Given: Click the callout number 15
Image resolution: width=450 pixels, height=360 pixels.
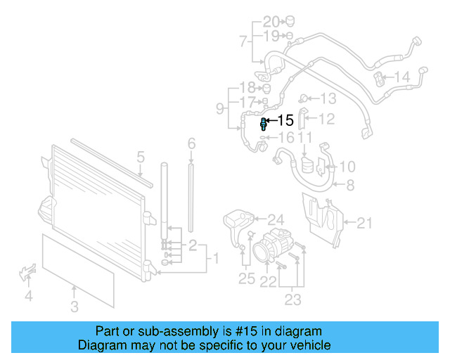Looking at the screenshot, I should tap(285, 121).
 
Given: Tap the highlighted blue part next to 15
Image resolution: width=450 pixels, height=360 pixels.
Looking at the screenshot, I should tap(264, 124).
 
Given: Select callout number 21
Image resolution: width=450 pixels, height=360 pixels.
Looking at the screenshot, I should tap(364, 224).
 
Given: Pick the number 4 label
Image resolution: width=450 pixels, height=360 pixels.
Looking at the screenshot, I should tap(28, 297).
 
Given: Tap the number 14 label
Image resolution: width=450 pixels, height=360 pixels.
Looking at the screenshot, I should tap(401, 77).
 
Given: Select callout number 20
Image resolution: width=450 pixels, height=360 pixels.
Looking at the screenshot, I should tap(271, 20).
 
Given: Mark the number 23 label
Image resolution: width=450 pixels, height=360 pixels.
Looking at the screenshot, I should tap(292, 300).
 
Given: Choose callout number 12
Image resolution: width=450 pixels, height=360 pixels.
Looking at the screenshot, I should tap(326, 120).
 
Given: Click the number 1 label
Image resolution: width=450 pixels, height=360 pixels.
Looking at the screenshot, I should tap(216, 258).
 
